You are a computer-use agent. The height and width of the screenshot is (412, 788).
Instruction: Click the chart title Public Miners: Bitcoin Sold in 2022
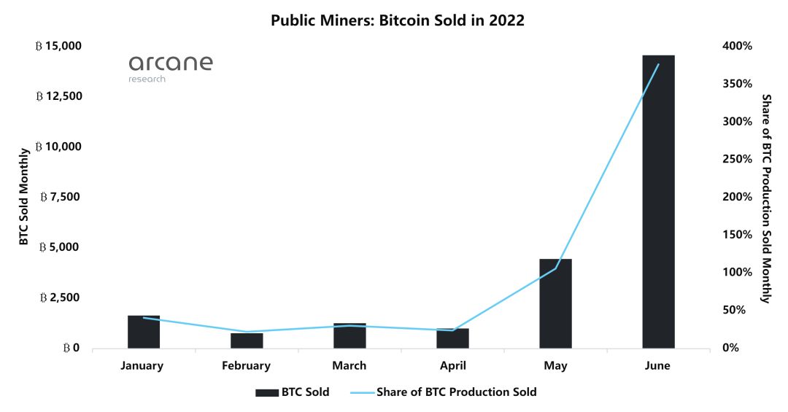(398, 20)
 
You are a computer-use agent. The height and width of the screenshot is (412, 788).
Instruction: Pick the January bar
(144, 332)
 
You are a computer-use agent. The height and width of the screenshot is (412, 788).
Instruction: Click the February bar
(247, 341)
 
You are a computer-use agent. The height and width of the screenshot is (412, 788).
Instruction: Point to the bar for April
(452, 338)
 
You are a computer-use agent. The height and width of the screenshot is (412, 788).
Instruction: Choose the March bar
(349, 335)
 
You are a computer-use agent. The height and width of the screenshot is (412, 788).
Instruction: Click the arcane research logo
(171, 68)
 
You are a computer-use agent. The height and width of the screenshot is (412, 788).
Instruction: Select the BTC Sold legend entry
(292, 392)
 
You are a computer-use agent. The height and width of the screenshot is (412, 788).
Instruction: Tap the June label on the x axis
(658, 366)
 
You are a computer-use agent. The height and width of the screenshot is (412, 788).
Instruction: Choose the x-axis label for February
(247, 366)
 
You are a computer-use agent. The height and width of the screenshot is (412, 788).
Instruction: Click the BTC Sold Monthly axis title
(23, 197)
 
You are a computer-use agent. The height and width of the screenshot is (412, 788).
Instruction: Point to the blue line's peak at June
(658, 64)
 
